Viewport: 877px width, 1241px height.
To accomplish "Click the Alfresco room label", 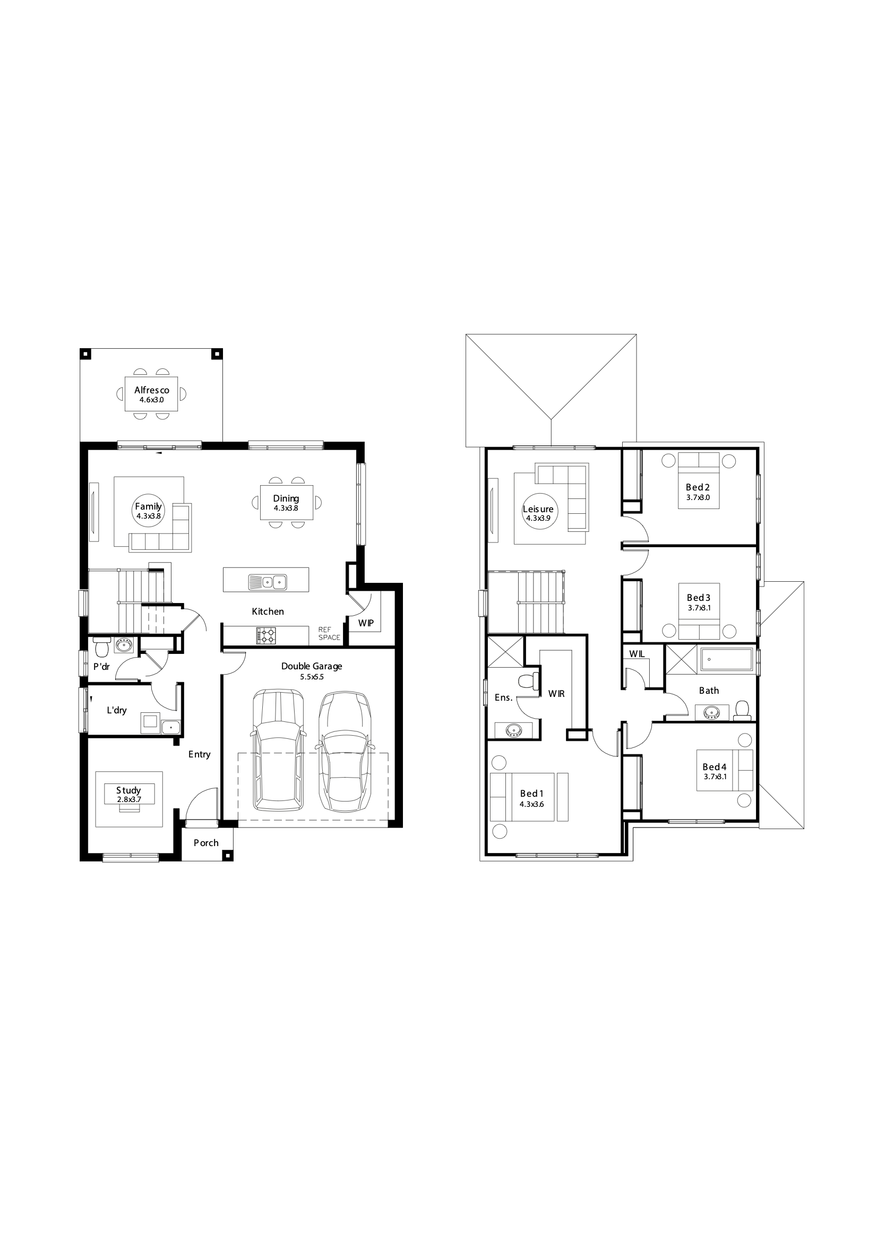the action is pos(151,390).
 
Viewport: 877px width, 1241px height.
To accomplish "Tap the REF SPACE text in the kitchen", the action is pos(329,633).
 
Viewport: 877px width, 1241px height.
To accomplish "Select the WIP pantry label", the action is pos(366,623).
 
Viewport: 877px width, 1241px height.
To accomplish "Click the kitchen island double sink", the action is pos(267,582).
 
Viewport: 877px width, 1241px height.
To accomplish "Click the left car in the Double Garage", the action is pos(278,752).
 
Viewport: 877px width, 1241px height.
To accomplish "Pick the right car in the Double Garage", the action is pos(344,752).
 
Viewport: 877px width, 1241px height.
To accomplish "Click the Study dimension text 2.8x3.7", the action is pos(129,799).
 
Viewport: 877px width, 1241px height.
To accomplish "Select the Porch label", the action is pos(206,843).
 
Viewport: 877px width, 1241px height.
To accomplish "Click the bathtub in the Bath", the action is pos(727,660).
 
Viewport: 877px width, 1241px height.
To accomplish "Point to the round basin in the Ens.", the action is pos(513,731).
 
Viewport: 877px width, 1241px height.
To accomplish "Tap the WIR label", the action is pos(556,693).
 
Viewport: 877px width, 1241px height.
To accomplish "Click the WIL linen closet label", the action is pos(637,654).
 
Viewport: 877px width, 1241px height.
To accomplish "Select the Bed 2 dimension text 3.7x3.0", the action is pos(698,497).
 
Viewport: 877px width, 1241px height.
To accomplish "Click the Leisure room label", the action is pos(538,509).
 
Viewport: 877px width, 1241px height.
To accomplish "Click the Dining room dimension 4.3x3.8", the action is pos(286,508).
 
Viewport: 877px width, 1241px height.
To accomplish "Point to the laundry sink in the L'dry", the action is pos(171,727).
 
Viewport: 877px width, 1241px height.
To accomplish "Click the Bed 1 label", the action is pos(531,794).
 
